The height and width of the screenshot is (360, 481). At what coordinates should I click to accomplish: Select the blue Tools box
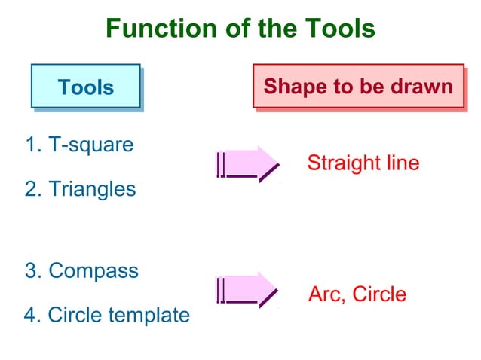click(x=85, y=86)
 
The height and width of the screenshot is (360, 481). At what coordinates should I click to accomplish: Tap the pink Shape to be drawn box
click(x=357, y=86)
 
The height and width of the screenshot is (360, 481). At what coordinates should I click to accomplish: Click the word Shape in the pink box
click(x=290, y=87)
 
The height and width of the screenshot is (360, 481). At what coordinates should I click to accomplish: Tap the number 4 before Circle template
click(x=31, y=315)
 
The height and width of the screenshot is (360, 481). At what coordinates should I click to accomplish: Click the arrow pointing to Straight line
click(x=247, y=163)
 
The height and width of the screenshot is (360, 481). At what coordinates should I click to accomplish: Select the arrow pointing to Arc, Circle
click(x=247, y=289)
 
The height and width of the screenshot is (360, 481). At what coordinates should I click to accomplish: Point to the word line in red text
click(x=400, y=163)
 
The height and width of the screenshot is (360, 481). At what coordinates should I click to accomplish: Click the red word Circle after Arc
click(x=379, y=294)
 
